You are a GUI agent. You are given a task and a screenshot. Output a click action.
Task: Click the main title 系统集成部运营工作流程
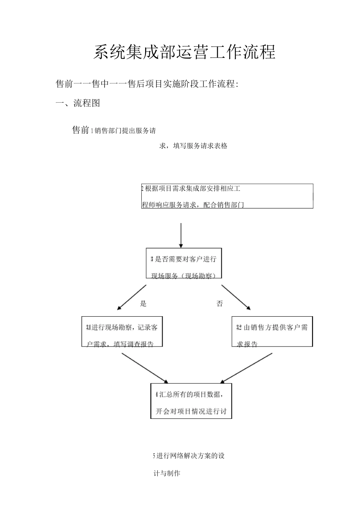(x=184, y=52)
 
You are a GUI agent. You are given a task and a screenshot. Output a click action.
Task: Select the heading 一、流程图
(x=78, y=103)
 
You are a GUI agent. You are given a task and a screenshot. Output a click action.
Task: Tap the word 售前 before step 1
(x=80, y=130)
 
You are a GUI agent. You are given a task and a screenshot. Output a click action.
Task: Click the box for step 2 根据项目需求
(x=227, y=196)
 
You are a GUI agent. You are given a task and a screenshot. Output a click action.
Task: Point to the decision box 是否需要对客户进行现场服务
(x=184, y=264)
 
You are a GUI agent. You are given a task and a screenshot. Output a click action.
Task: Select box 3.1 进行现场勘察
(x=122, y=331)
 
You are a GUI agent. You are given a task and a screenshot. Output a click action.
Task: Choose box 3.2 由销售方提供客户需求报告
(x=272, y=331)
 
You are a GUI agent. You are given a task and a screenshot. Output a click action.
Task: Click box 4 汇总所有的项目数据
(x=191, y=401)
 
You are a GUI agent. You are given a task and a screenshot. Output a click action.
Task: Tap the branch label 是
(x=143, y=303)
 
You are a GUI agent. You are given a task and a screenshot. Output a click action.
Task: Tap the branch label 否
(x=220, y=303)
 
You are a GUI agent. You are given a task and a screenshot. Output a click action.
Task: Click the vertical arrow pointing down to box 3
(x=181, y=235)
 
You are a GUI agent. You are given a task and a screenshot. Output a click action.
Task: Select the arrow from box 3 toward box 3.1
(x=131, y=297)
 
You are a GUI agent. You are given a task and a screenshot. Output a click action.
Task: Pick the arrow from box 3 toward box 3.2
(x=236, y=297)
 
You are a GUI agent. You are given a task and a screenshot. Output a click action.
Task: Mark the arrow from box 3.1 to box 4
(x=144, y=368)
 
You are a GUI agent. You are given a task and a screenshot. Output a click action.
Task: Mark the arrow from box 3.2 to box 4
(x=246, y=368)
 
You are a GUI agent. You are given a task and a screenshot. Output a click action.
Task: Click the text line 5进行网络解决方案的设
(x=189, y=456)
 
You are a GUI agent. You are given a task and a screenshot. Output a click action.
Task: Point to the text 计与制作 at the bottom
(x=167, y=473)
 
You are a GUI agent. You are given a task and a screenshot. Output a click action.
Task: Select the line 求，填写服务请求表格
(x=193, y=146)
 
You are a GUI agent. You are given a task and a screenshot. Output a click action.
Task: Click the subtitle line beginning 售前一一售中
(x=147, y=84)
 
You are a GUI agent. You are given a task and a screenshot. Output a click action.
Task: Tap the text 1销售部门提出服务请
(x=124, y=131)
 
